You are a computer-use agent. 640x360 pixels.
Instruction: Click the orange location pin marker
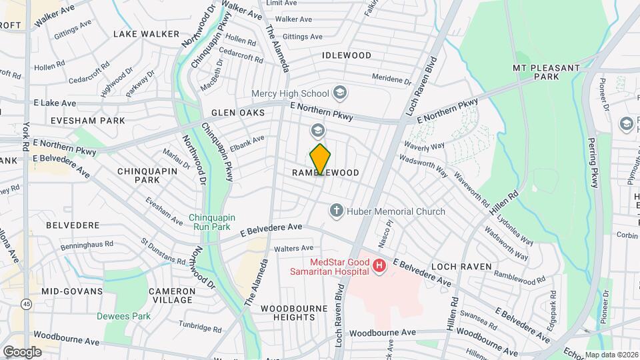tap(321, 159)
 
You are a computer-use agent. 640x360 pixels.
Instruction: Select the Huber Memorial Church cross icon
tap(337, 211)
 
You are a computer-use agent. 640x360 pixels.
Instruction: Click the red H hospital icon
tap(379, 266)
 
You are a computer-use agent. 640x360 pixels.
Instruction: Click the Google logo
tap(21, 351)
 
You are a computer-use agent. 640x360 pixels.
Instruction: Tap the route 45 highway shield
tap(26, 304)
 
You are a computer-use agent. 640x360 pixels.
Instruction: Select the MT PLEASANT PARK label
tap(545, 73)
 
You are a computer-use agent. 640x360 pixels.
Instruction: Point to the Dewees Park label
tap(123, 316)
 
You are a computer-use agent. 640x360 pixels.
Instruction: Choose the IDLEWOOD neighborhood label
tap(347, 55)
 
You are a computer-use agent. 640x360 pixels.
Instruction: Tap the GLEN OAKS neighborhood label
tap(238, 113)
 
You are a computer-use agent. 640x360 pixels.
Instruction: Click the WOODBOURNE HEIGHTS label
tap(287, 313)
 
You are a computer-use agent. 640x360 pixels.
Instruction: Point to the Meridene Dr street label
tap(392, 79)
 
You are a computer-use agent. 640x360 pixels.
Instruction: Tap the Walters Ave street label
tap(293, 248)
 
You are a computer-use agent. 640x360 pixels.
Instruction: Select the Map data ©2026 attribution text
tap(611, 355)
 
